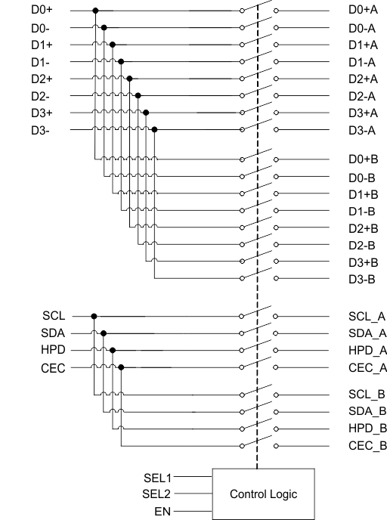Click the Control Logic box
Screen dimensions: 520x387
tap(263, 494)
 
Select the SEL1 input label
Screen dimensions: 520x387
tap(158, 478)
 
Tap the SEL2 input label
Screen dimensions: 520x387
tap(158, 494)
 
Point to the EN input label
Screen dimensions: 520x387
tap(163, 512)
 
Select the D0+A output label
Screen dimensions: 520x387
tap(363, 11)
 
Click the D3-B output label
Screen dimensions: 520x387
tap(362, 279)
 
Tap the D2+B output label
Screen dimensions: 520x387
tap(363, 228)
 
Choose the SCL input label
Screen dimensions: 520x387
tap(54, 316)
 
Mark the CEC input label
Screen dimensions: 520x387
tap(53, 368)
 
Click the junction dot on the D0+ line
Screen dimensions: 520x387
tap(94, 11)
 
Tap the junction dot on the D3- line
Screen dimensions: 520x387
tap(154, 129)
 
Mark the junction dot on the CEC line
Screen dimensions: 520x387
tap(121, 368)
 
